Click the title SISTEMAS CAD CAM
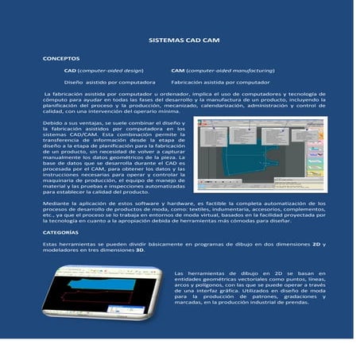tap(179, 39)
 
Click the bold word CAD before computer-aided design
tap(69, 71)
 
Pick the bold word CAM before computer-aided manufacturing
tap(178, 71)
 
